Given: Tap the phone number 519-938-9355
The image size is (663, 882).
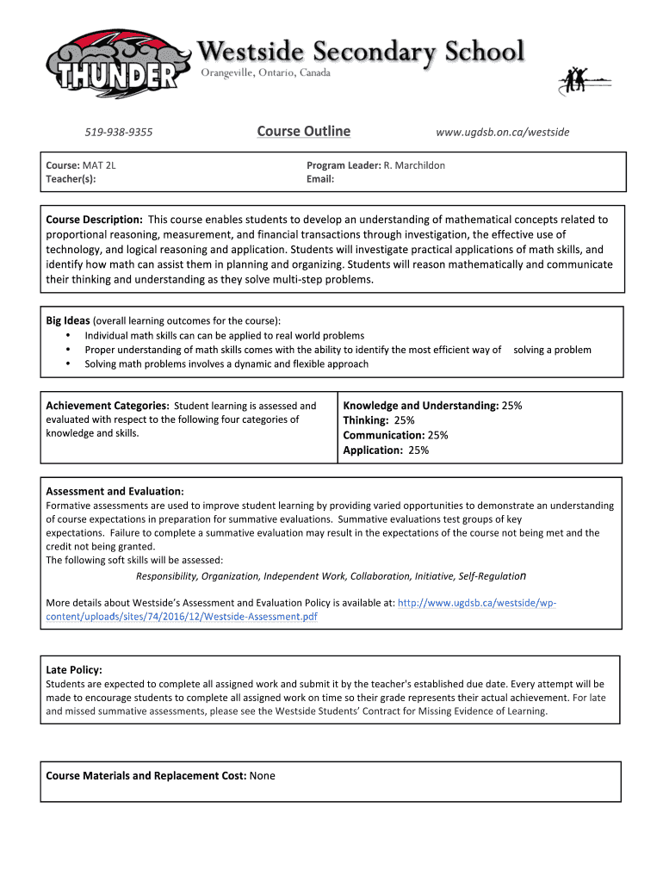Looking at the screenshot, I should point(118,133).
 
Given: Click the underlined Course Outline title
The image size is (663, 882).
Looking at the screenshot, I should point(303,132).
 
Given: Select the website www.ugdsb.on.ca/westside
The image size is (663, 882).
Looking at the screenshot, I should point(502,133).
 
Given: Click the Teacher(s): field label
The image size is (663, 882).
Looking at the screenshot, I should point(71,179).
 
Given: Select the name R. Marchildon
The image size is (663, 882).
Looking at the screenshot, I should point(414,165).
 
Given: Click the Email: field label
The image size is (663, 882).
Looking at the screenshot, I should point(320,179).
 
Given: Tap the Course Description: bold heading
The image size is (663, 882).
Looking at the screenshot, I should point(94,220).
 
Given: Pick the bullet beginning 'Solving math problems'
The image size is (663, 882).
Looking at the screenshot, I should point(226,364).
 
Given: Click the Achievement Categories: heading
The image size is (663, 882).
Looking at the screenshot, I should point(107,406).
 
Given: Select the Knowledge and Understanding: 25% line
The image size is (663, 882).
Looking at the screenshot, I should point(432,406).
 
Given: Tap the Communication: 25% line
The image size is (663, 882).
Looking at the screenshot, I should point(395,435).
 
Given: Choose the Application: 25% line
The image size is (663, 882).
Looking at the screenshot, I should point(386,450).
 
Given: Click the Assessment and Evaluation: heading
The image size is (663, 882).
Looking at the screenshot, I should point(114,492).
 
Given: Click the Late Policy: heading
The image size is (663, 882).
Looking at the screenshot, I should point(74,669).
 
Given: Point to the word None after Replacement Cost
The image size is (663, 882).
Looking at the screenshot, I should point(262,776).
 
